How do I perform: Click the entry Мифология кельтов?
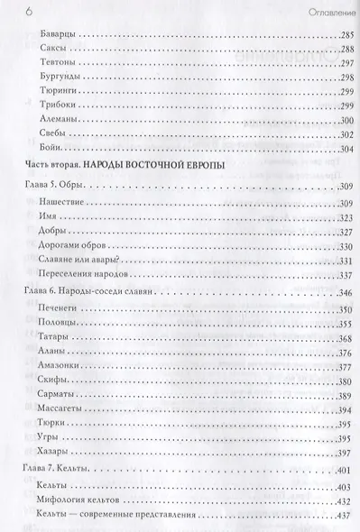(x=88, y=510)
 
